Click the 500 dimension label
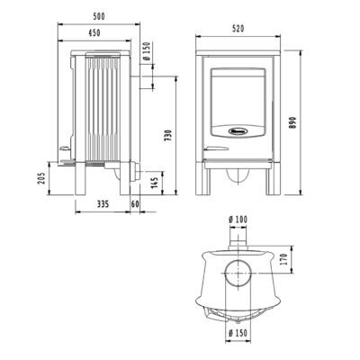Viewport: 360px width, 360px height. tap(99, 16)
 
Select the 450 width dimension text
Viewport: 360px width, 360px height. tap(94, 32)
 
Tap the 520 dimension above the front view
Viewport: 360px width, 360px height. tap(238, 28)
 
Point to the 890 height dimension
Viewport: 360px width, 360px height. tap(293, 122)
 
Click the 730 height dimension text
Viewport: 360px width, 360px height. tap(168, 136)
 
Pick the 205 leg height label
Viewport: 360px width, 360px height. tap(41, 178)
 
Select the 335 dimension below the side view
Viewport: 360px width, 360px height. tap(103, 204)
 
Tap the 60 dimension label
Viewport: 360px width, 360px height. tap(135, 204)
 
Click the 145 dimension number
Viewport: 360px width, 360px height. tap(155, 183)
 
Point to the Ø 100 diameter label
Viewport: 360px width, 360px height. tap(238, 220)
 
